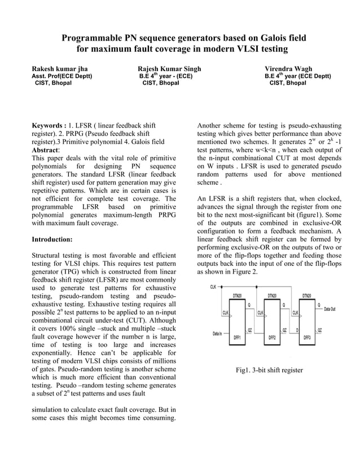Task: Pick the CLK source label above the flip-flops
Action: pyautogui.click(x=213, y=287)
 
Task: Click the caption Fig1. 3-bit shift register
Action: pyautogui.click(x=269, y=370)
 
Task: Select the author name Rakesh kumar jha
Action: pyautogui.click(x=59, y=69)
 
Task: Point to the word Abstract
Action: pyautogui.click(x=45, y=151)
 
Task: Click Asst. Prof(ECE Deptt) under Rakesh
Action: pyautogui.click(x=62, y=76)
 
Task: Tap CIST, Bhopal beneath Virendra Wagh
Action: pyautogui.click(x=288, y=83)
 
